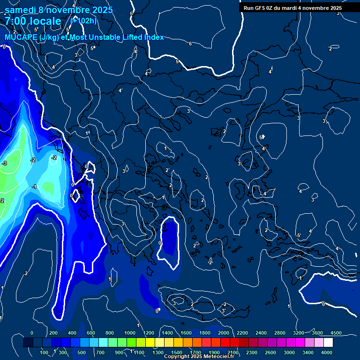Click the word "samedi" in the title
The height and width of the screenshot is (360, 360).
point(21,9)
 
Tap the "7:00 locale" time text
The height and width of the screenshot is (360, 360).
point(33,21)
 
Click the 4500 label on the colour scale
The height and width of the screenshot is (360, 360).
point(336,333)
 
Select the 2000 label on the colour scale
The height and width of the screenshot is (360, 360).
point(224,333)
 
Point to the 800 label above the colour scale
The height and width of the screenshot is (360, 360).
point(110,333)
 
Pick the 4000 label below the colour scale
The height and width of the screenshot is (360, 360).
point(327,352)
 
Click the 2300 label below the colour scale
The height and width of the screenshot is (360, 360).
point(252,352)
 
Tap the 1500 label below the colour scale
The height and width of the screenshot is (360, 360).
point(177,352)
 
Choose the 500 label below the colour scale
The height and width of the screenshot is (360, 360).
point(82,352)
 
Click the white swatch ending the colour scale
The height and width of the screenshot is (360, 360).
point(328,343)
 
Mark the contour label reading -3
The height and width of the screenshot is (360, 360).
point(4,163)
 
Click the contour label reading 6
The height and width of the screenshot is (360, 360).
point(190,44)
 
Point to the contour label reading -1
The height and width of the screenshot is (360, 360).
point(34,187)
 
